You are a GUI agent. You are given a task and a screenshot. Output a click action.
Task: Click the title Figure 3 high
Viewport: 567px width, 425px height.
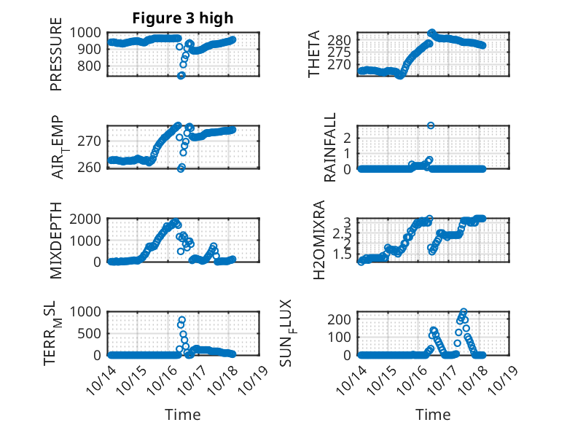(x=182, y=18)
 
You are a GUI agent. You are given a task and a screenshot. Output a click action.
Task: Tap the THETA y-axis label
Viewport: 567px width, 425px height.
(x=314, y=54)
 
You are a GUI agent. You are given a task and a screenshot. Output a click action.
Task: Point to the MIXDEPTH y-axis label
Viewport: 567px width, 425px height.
(x=56, y=241)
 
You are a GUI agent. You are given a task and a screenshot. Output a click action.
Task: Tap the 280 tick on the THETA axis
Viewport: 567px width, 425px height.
(x=345, y=39)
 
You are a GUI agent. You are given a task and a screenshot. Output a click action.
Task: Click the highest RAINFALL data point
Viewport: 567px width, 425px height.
(x=431, y=125)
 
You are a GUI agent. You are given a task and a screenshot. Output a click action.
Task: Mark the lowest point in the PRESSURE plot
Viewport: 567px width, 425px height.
(x=181, y=75)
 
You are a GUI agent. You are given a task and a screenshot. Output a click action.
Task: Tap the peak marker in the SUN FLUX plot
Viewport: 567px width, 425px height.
(x=464, y=312)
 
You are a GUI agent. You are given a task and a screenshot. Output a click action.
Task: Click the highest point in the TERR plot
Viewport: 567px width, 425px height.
(x=181, y=319)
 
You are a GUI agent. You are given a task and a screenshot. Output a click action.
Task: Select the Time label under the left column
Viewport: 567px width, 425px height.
(x=182, y=414)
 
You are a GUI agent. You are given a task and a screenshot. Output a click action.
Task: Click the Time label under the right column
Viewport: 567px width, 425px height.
(x=434, y=414)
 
